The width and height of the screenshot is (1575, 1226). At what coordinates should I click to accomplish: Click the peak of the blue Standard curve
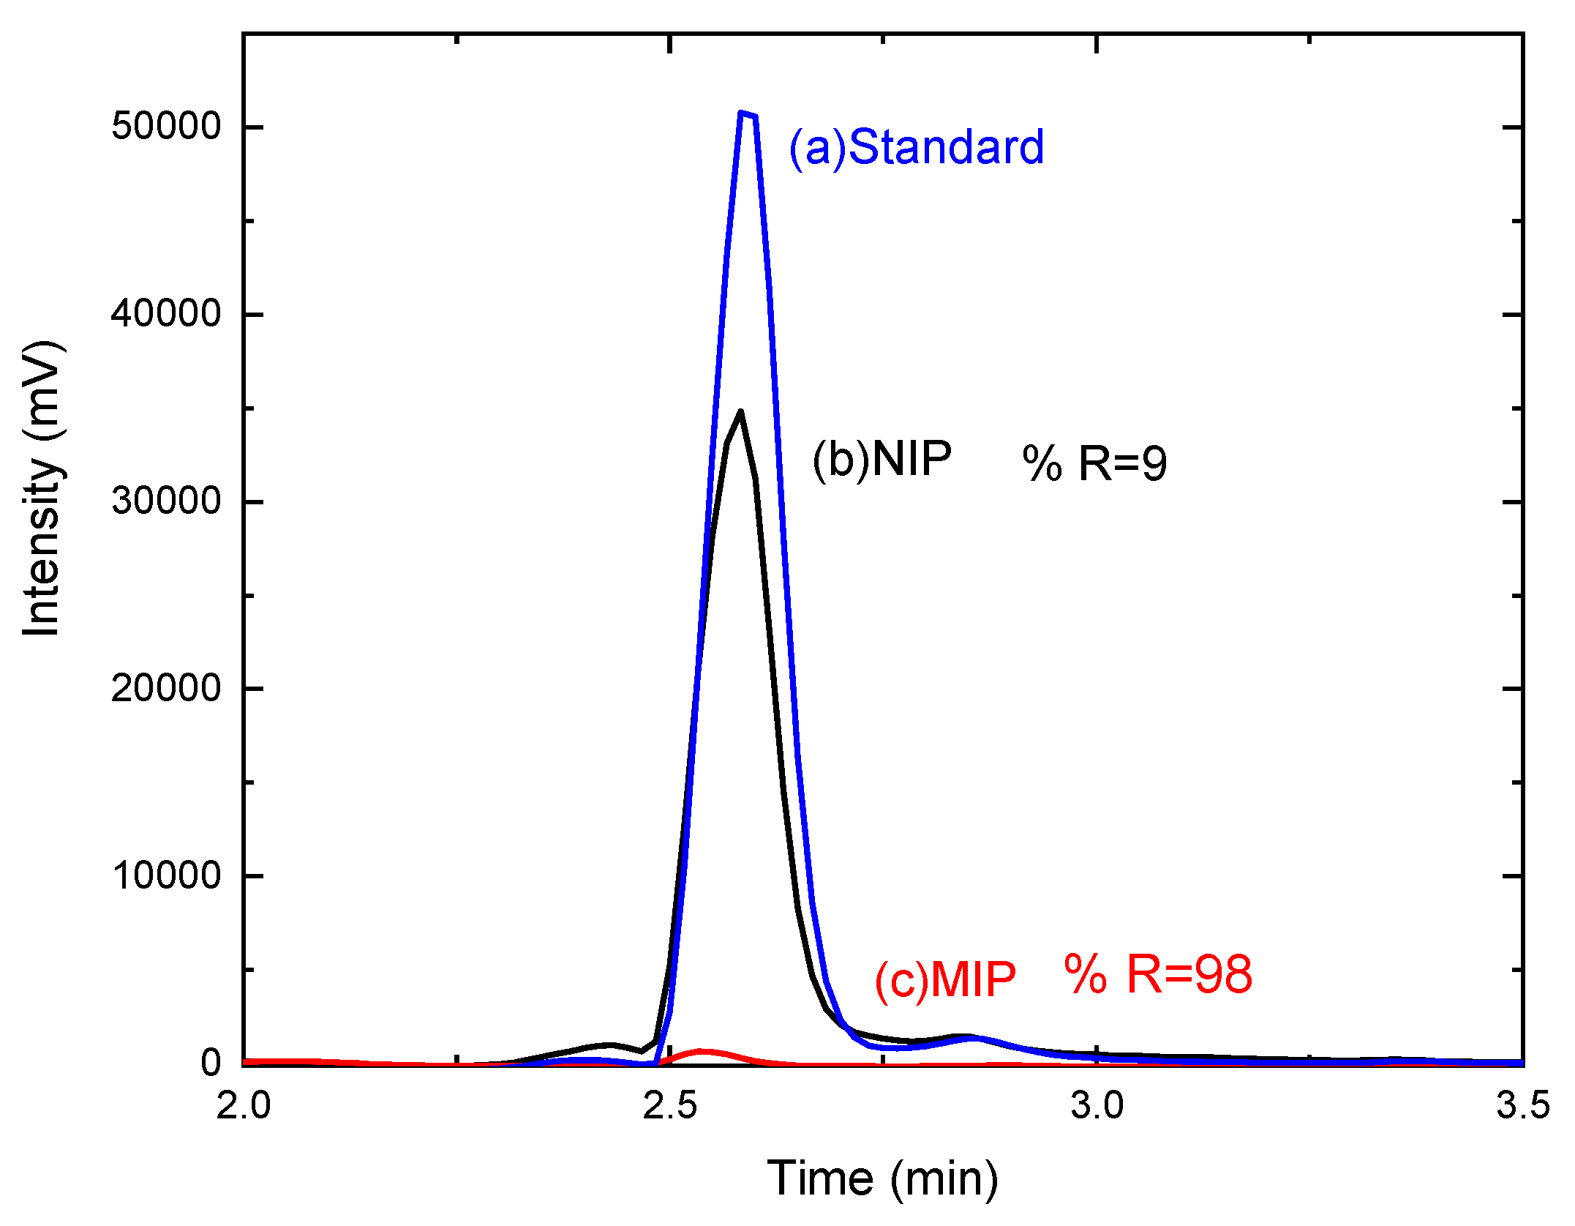[x=746, y=115]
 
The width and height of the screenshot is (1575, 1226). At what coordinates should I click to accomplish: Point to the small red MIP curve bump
[x=701, y=1052]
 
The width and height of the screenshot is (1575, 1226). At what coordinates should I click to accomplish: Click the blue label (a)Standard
[x=916, y=147]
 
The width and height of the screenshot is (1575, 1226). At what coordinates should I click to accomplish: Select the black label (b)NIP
[x=882, y=460]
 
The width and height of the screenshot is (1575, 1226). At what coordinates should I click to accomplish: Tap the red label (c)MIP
[x=945, y=979]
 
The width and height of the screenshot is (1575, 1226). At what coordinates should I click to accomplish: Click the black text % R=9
[x=1094, y=463]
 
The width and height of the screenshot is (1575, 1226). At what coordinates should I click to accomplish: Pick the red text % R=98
[x=1158, y=975]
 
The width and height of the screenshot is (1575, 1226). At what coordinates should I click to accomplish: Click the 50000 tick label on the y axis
[x=166, y=127]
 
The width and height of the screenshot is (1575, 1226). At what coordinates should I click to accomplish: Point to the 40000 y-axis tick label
[x=166, y=314]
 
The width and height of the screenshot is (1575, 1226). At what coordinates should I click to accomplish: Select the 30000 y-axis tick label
[x=166, y=501]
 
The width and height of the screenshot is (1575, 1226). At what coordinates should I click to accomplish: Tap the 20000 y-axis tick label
[x=166, y=689]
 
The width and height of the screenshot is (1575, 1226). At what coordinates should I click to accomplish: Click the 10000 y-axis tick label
[x=166, y=875]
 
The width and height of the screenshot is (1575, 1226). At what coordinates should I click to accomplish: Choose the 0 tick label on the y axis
[x=211, y=1063]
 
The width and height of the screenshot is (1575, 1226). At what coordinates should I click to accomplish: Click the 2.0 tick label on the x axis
[x=244, y=1106]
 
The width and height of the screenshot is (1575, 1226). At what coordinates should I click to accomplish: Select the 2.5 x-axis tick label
[x=670, y=1106]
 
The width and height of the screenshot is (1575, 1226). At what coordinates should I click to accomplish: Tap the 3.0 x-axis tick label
[x=1097, y=1106]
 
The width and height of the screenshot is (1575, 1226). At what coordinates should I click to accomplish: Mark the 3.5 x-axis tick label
[x=1522, y=1106]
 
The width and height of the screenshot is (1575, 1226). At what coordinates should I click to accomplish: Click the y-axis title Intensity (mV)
[x=42, y=488]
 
